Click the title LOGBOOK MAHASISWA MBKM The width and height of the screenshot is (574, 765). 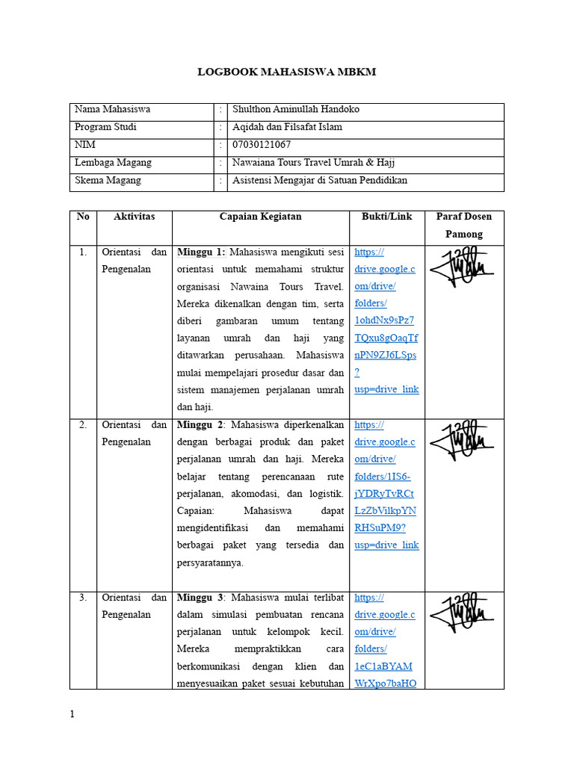point(286,72)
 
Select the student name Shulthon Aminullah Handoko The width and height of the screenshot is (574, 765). point(295,109)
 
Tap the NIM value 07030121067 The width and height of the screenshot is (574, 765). point(262,145)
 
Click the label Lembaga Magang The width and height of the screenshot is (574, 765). point(113,163)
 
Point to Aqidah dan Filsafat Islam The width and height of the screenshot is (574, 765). point(287,127)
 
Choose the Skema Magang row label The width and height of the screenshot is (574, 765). point(108,181)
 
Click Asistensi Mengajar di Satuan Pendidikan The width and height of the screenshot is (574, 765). point(320,181)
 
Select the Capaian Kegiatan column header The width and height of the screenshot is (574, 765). point(260,217)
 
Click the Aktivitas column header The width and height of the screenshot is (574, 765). point(134,217)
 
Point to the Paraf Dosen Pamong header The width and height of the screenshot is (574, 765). point(463,226)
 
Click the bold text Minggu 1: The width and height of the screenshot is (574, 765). point(201,253)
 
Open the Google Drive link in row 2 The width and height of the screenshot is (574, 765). point(386,485)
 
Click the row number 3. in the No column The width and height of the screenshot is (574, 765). point(83,598)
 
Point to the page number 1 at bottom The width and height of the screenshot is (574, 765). point(72,715)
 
